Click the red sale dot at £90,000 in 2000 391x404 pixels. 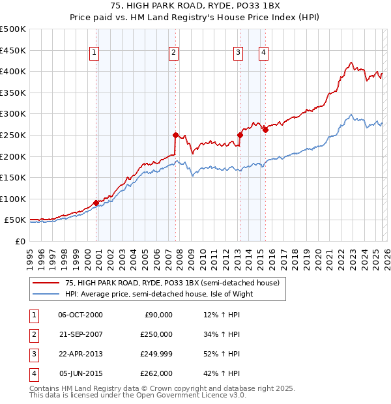coord(96,203)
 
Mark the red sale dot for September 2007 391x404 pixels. coord(176,135)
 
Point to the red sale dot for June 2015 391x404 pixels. coord(265,130)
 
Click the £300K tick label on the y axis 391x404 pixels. coord(13,114)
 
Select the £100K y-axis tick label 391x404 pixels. coord(13,199)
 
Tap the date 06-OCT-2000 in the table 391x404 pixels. coord(80,315)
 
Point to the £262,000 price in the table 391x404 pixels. coord(156,373)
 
